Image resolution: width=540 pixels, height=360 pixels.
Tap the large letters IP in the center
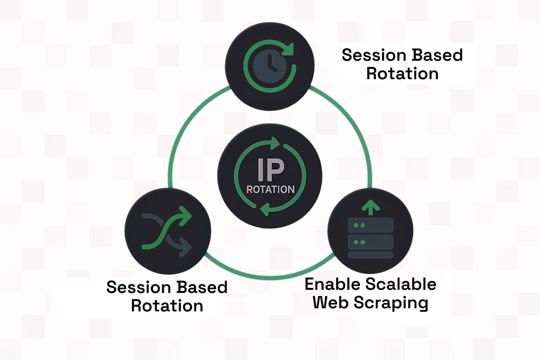tap(270, 170)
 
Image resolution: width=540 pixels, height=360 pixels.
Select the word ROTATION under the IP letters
tap(270, 189)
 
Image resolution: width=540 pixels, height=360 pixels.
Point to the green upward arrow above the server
tap(370, 207)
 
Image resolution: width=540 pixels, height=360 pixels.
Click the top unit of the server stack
tap(371, 225)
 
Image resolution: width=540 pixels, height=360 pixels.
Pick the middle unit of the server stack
tap(371, 242)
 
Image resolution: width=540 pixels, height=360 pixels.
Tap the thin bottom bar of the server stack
tap(371, 255)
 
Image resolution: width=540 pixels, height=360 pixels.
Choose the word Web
tap(331, 302)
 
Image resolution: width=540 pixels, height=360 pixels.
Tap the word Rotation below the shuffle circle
tap(167, 306)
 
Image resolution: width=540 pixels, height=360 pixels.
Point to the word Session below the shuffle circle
tap(138, 287)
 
